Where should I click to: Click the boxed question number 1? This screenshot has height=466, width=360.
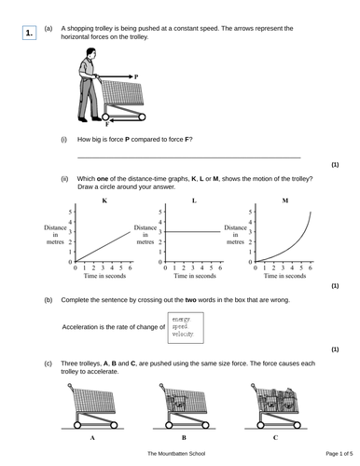coord(30,34)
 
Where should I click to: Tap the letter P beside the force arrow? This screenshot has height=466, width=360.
coord(135,76)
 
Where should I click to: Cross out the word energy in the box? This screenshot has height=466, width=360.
coord(181,320)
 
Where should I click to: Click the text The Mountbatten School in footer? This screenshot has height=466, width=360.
coord(179,453)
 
